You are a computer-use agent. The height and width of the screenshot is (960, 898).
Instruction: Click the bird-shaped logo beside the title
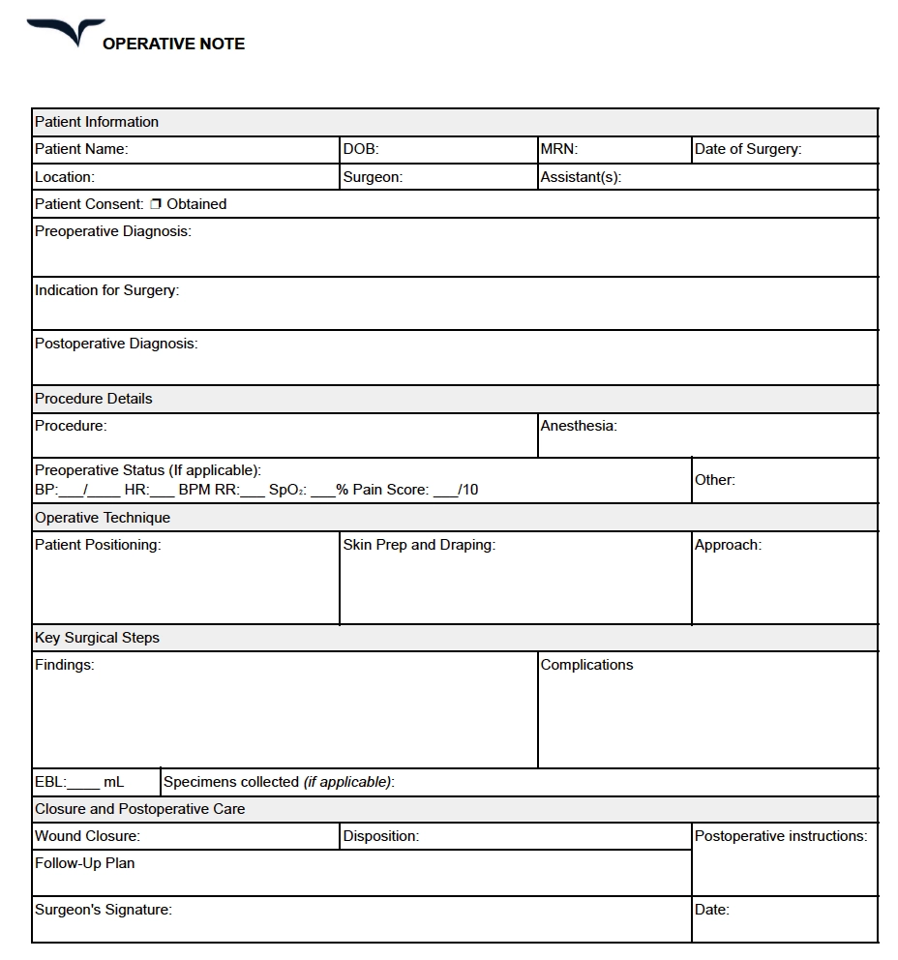pos(66,32)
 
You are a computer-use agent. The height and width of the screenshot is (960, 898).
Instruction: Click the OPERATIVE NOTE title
pos(173,44)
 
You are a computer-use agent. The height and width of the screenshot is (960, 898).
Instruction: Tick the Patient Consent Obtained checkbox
pos(156,204)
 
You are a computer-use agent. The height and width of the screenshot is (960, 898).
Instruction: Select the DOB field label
pos(361,149)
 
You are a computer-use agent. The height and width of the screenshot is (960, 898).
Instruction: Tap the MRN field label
pos(558,149)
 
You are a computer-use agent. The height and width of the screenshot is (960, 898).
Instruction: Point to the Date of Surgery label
pos(747,149)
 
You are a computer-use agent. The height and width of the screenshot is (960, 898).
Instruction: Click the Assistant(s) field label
pos(580,177)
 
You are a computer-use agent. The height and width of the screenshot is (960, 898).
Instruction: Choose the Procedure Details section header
pos(94,399)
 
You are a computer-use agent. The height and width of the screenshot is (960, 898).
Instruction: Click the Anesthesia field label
pos(578,426)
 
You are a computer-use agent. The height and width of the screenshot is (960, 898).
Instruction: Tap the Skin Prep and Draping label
pos(419,545)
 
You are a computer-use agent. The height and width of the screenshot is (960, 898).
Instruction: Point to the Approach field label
pos(727,545)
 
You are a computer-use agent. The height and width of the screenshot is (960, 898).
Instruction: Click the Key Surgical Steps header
pos(97,638)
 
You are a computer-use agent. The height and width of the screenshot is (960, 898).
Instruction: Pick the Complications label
pos(586,665)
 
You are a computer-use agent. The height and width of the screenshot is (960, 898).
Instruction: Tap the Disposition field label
pos(380,836)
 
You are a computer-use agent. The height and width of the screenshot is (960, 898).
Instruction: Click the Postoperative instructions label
pos(780,836)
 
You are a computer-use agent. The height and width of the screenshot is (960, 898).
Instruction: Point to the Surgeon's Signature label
pos(103,910)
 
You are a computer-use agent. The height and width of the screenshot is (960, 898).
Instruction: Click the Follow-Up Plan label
pos(84,863)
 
